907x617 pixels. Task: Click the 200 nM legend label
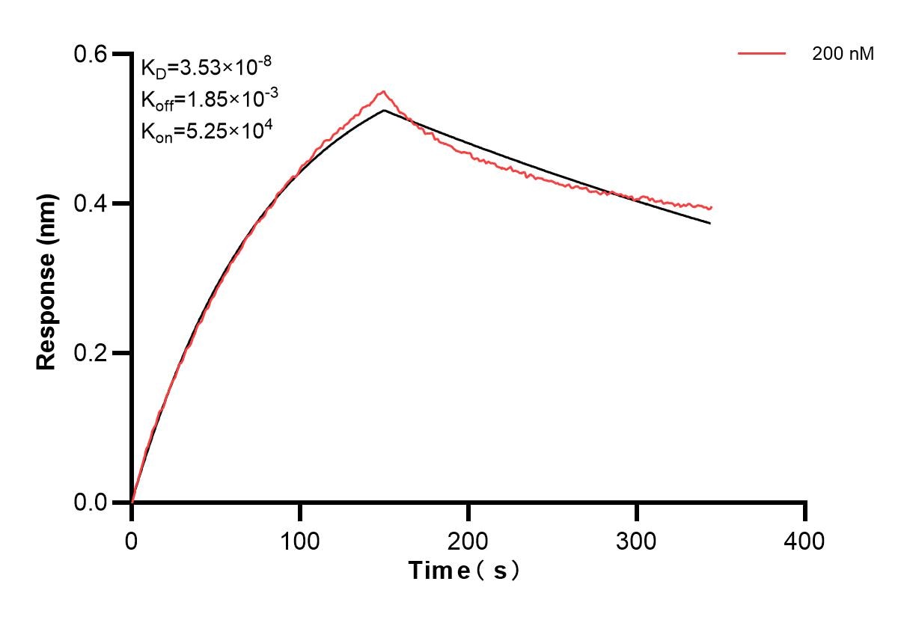843,54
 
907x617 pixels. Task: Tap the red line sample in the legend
762,54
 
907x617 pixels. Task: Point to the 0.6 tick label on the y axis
91,54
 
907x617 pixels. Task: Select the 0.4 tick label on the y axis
91,203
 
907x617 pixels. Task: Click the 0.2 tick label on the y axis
91,353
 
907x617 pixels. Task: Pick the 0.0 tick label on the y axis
91,503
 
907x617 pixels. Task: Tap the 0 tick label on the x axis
132,540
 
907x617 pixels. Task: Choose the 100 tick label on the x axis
300,540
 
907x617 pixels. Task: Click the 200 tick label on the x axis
468,540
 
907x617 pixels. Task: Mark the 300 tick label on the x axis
637,540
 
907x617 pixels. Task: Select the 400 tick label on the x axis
805,540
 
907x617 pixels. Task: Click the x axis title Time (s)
464,571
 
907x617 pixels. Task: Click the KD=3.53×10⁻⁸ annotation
201,69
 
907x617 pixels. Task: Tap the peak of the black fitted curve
384,111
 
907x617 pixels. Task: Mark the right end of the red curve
711,207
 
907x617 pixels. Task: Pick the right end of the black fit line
709,223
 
